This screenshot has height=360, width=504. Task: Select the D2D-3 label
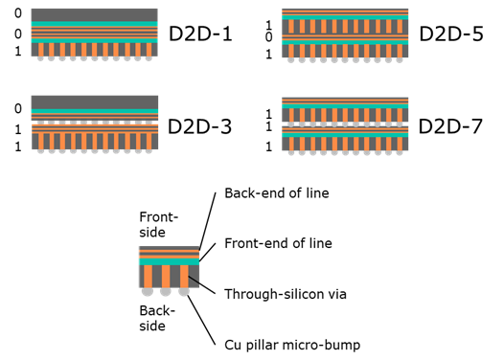pos(199,126)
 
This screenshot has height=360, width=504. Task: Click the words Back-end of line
pos(277,193)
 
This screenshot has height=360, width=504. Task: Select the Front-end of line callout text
pos(279,243)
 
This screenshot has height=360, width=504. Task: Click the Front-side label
pos(159,224)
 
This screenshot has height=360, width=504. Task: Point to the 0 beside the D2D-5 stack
pos(269,36)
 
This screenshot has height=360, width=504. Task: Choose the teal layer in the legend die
pos(169,260)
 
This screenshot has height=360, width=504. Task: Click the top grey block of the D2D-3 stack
pos(94,102)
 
